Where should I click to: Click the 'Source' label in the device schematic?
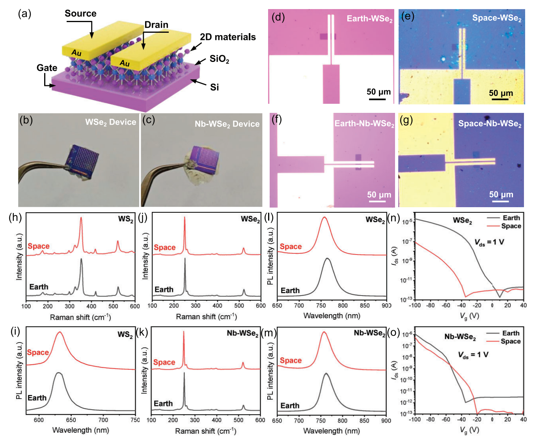pos(80,13)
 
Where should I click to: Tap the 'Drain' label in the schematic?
pos(156,25)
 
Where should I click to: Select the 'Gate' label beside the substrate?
pos(47,68)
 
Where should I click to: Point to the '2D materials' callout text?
pos(227,37)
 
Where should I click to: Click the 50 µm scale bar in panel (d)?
pos(378,98)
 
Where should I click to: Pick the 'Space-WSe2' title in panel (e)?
pos(496,18)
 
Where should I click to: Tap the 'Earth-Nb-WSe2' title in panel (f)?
pos(364,124)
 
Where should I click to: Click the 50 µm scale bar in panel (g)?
pos(501,201)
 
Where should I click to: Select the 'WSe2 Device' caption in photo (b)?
pos(110,122)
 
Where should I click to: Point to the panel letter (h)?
pos(15,217)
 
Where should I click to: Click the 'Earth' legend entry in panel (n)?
pos(511,218)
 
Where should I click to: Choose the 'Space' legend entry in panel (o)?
pos(510,341)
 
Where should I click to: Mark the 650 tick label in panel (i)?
pos(71,420)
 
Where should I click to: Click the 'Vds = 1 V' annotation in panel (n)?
pos(489,242)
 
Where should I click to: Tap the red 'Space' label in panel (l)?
pos(291,247)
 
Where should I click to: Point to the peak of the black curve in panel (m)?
pos(326,373)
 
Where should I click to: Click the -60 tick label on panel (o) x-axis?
pos(446,419)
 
